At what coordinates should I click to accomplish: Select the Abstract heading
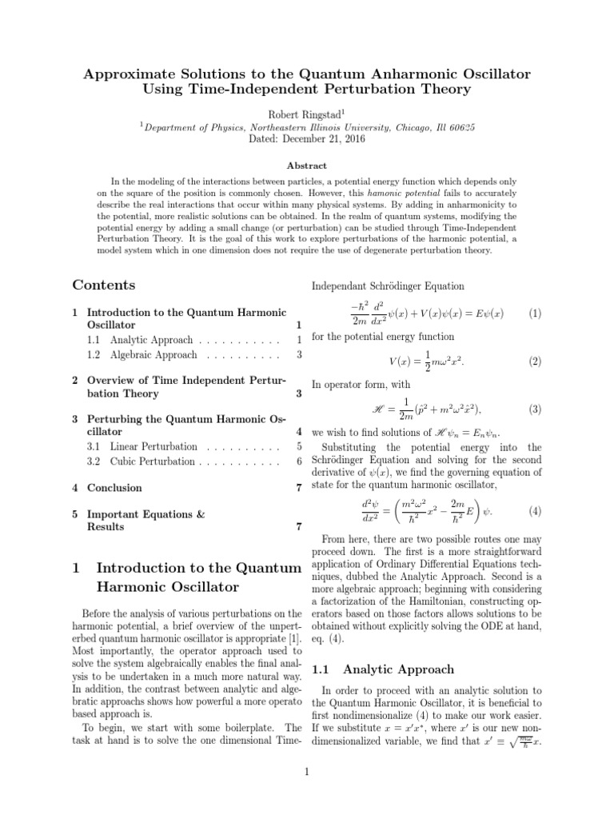[x=307, y=166]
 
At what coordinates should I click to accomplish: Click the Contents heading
[x=104, y=286]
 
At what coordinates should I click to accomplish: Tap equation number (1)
[x=534, y=314]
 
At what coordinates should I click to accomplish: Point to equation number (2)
[x=534, y=362]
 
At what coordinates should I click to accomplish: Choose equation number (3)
[x=534, y=409]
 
